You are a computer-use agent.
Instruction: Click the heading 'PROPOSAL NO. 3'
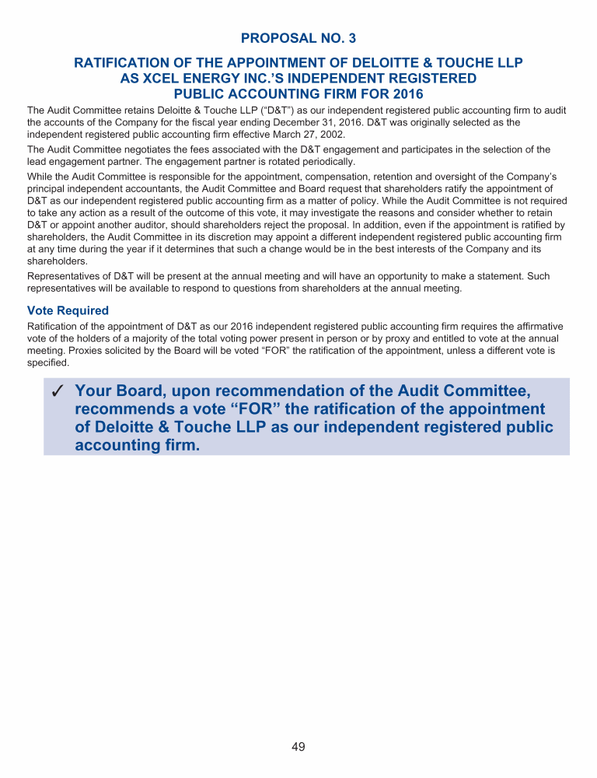298,38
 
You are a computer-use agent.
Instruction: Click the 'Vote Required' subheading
68,310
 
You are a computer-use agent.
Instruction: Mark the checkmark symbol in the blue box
57,392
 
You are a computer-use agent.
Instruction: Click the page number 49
298,748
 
